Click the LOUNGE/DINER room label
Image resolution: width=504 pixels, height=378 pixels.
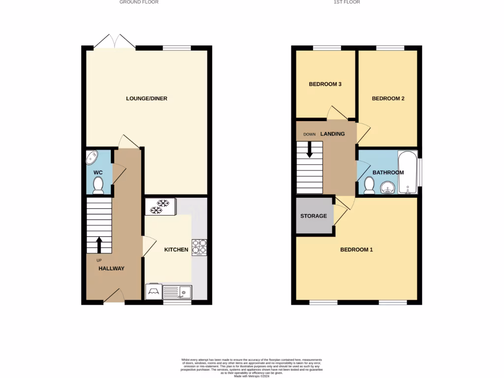[x=147, y=98]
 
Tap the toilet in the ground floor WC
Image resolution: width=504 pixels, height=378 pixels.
[x=98, y=185]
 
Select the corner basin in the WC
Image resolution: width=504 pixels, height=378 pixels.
[x=92, y=158]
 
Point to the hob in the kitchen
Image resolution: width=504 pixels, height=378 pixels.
[x=199, y=246]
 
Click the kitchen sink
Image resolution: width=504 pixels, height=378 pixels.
[x=177, y=292]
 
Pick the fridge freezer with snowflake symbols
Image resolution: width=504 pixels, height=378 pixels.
[x=160, y=207]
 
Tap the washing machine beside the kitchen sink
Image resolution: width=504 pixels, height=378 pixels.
[x=153, y=291]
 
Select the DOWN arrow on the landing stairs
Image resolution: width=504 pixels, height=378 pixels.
[x=310, y=149]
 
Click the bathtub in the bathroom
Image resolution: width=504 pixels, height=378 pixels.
[x=408, y=172]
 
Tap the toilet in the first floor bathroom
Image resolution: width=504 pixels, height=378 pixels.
[x=369, y=185]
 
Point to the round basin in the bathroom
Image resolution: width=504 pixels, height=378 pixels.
[x=387, y=187]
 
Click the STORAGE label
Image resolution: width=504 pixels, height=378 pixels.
[x=314, y=216]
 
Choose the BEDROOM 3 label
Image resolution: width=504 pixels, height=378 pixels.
[x=325, y=84]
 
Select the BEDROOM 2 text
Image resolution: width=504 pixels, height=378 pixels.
[x=388, y=98]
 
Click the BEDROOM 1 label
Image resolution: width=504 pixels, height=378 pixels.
[x=356, y=250]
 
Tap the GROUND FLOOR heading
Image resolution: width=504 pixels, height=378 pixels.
[x=139, y=2]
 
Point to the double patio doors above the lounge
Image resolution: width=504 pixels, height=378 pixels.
[x=114, y=42]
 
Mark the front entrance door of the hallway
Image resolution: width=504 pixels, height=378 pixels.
[x=113, y=296]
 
